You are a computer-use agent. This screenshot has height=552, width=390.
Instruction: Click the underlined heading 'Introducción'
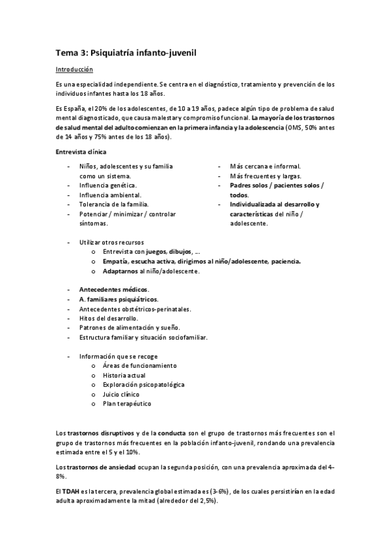[x=74, y=69]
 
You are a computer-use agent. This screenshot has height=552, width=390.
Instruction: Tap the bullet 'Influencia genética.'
[x=108, y=186]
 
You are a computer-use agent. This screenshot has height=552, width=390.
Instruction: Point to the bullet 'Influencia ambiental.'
[x=109, y=195]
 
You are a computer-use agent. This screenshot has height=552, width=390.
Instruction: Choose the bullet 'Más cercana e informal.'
[x=264, y=167]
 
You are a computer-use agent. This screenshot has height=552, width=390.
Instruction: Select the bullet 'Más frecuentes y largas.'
[x=266, y=176]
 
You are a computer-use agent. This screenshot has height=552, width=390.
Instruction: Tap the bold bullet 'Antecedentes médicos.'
[x=113, y=289]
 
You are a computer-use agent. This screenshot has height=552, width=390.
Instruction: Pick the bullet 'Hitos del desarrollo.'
[x=109, y=318]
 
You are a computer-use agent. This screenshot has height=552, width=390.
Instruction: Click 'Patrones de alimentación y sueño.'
[x=129, y=327]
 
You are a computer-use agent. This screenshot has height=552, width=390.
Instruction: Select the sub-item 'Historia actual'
[x=124, y=375]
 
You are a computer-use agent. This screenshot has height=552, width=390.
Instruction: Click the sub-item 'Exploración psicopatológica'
[x=143, y=385]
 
